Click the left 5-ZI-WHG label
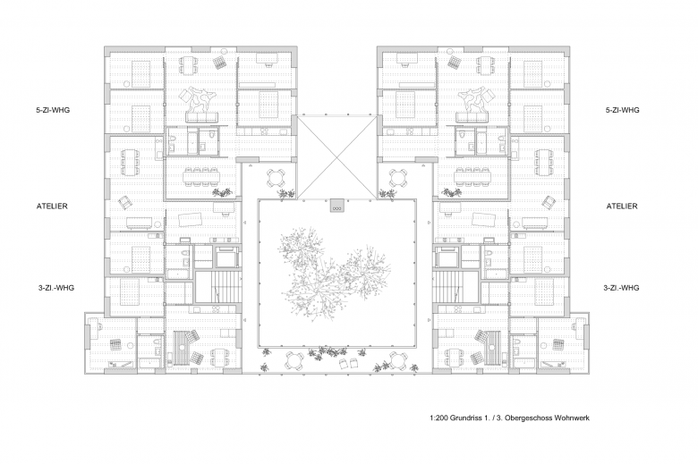(53, 110)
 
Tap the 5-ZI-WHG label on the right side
(622, 110)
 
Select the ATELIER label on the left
(52, 206)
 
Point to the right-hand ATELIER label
(622, 206)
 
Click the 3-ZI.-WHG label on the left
(56, 288)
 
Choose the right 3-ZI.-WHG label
(621, 288)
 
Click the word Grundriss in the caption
(465, 418)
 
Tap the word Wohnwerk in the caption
(572, 418)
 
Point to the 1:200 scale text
(438, 418)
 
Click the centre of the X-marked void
(337, 157)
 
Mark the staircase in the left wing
(217, 285)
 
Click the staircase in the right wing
(456, 285)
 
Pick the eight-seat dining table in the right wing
(472, 176)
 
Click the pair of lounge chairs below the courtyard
(348, 364)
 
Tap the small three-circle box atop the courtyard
(337, 206)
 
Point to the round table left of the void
(276, 179)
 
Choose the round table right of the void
(397, 179)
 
